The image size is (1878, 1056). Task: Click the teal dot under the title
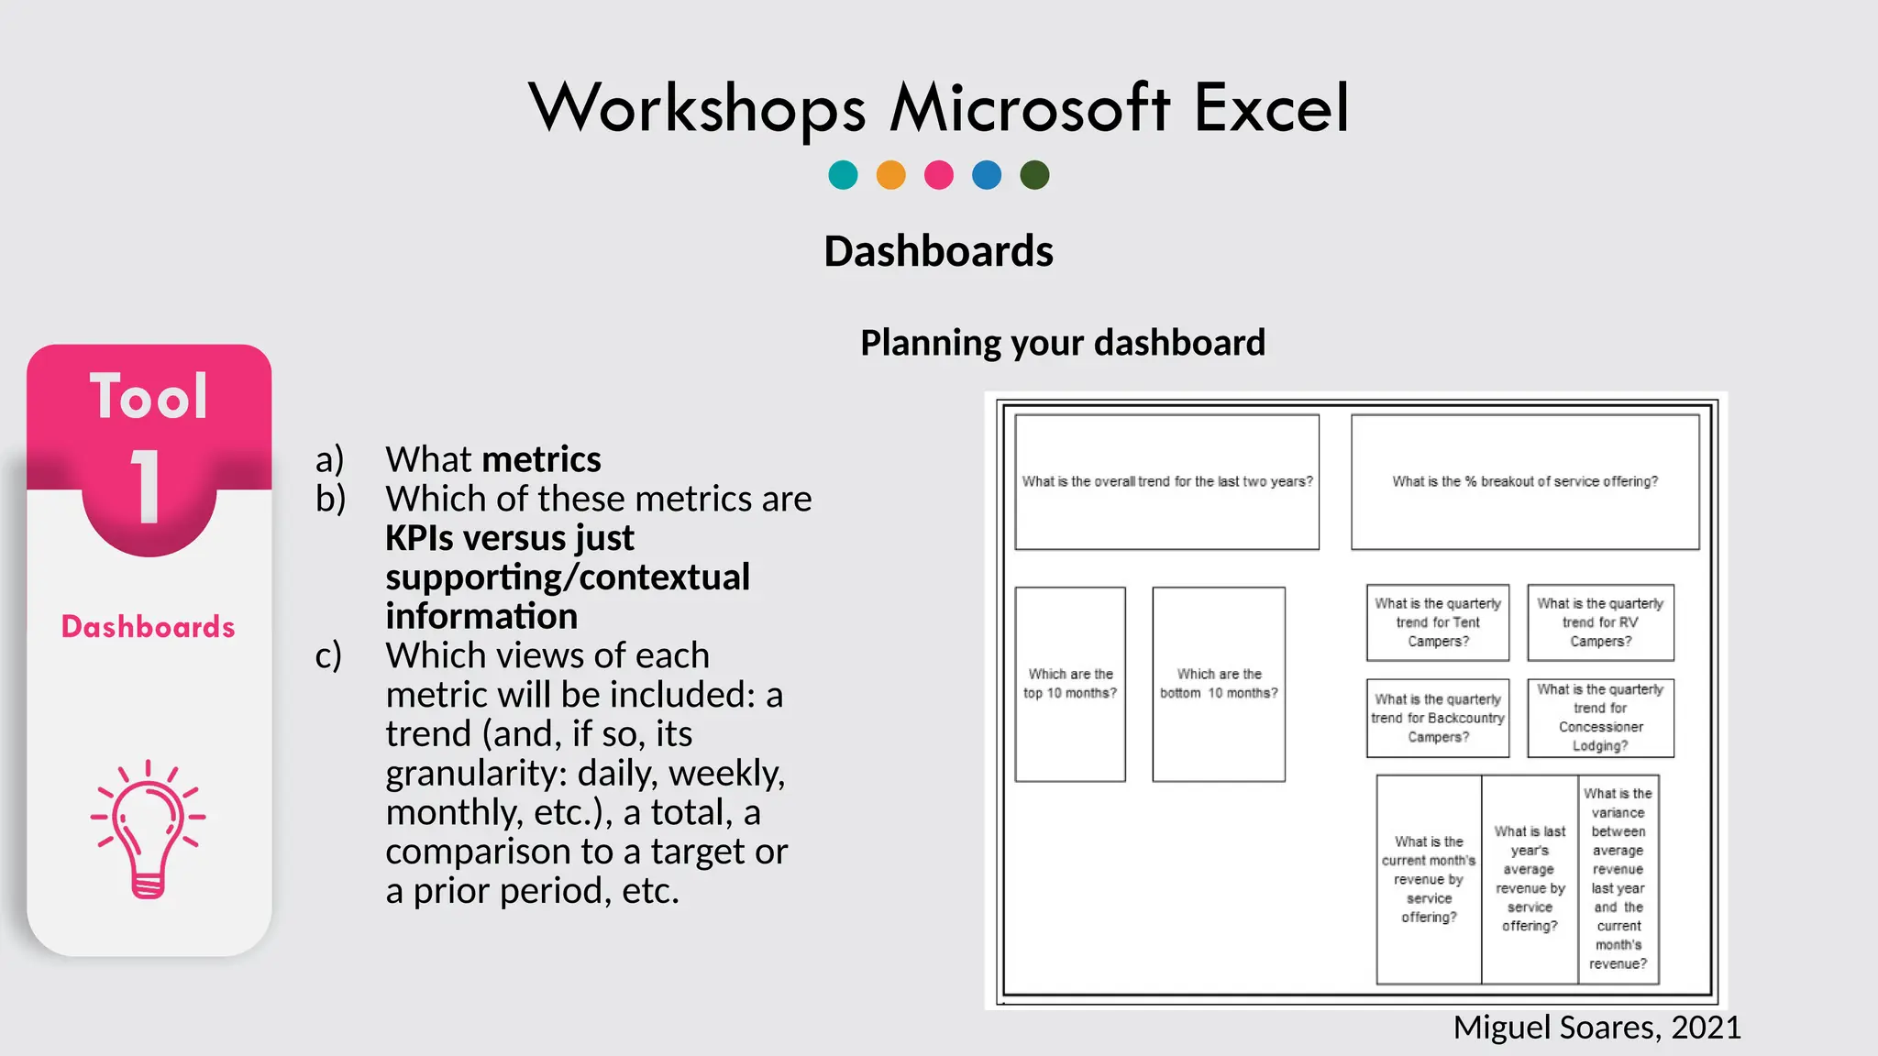pyautogui.click(x=843, y=174)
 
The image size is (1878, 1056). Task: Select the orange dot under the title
pyautogui.click(x=890, y=174)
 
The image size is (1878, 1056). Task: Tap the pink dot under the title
pyautogui.click(x=939, y=174)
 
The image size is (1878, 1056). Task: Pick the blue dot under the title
pyautogui.click(x=987, y=174)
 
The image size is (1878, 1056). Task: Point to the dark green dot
pyautogui.click(x=1034, y=174)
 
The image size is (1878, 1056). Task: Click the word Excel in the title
pyautogui.click(x=1271, y=108)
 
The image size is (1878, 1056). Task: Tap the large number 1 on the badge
pyautogui.click(x=147, y=487)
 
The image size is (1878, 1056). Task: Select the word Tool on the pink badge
pyautogui.click(x=149, y=397)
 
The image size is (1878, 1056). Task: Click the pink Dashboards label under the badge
pyautogui.click(x=149, y=627)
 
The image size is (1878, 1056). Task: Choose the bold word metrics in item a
pyautogui.click(x=542, y=458)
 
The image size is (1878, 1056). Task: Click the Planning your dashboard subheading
pyautogui.click(x=1063, y=343)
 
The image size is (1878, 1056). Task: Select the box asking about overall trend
pyautogui.click(x=1166, y=482)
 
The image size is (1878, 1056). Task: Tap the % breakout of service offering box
pyautogui.click(x=1525, y=482)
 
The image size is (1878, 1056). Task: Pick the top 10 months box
pyautogui.click(x=1070, y=684)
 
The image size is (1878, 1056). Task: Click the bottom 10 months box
pyautogui.click(x=1219, y=684)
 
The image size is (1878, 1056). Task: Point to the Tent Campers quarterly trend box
pyautogui.click(x=1438, y=622)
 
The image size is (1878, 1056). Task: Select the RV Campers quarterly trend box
pyautogui.click(x=1600, y=622)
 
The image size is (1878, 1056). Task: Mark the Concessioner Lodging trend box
pyautogui.click(x=1600, y=718)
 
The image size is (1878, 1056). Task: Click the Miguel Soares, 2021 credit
pyautogui.click(x=1596, y=1028)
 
